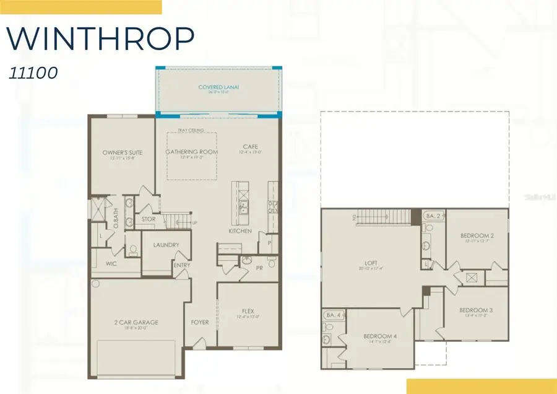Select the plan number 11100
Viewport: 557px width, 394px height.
coord(33,72)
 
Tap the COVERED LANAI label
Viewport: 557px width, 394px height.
coord(218,87)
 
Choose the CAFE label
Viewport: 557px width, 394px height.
coord(250,147)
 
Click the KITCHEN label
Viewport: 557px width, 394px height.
coord(240,231)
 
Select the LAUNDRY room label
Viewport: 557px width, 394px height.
coord(165,245)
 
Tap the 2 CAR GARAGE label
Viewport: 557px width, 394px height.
coord(137,322)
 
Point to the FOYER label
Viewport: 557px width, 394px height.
coord(199,322)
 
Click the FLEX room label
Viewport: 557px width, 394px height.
coord(248,310)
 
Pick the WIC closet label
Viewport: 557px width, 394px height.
coord(111,263)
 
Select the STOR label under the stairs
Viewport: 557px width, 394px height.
coord(149,219)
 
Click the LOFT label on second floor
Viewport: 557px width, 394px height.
coord(371,263)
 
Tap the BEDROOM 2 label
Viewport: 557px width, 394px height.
coord(477,235)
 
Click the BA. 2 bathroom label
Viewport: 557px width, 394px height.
coord(433,216)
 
